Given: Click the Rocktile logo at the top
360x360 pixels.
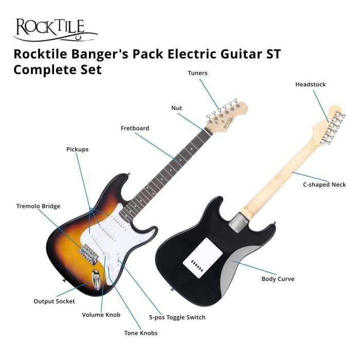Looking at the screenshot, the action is (55, 29).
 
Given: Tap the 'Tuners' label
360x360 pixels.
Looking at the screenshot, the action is (197, 73).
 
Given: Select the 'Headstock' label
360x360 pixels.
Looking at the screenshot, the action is (310, 84).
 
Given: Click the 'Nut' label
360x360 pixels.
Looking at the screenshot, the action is (177, 108).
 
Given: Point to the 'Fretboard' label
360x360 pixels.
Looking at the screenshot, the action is (135, 128).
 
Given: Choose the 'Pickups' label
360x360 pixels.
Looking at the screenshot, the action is (77, 149).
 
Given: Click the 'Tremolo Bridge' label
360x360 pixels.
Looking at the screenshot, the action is (38, 206).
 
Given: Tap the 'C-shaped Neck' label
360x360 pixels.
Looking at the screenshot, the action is (325, 185).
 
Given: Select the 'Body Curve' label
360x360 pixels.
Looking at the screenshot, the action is (278, 279).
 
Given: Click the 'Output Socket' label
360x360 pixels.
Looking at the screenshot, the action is (54, 301).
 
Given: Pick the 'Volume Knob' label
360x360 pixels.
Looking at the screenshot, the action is (101, 315).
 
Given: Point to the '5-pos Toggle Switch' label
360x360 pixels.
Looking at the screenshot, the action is (177, 317).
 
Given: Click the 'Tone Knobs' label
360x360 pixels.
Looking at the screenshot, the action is (140, 333).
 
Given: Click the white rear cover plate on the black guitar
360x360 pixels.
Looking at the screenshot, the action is (202, 254).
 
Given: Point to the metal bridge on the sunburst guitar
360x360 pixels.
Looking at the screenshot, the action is (89, 252).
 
